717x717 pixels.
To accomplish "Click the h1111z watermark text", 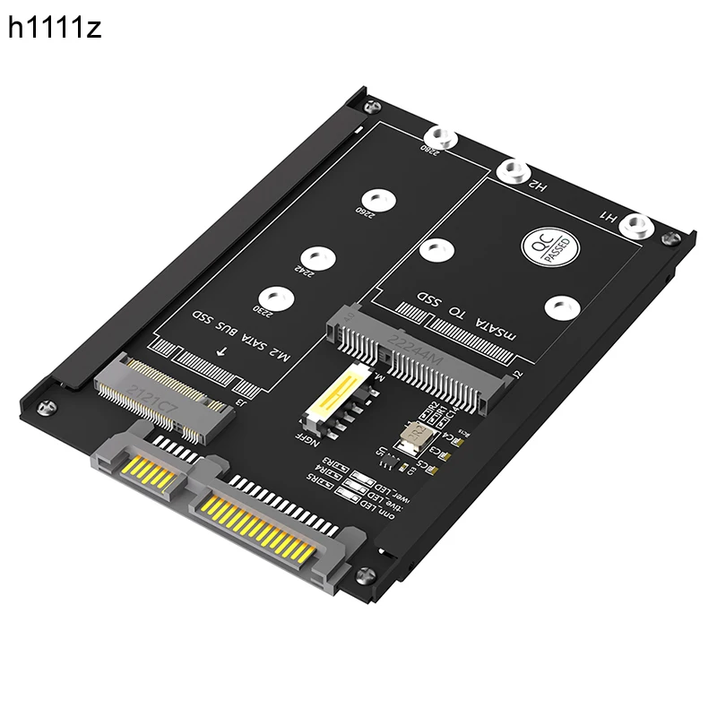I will pyautogui.click(x=55, y=29).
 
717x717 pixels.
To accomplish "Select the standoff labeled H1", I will pyautogui.click(x=635, y=225).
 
